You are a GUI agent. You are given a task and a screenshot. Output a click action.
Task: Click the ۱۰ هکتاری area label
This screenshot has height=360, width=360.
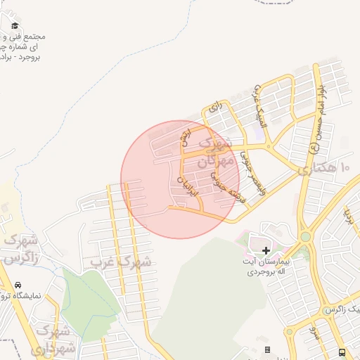[x=324, y=169]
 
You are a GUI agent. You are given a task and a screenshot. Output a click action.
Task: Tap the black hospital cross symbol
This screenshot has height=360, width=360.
[x=266, y=250]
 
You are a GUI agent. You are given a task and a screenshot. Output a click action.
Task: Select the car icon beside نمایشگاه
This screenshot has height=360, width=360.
[x=17, y=286]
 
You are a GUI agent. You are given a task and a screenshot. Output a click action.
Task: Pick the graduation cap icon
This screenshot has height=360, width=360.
[x=15, y=26]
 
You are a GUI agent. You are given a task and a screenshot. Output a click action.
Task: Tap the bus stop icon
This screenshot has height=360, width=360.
[x=342, y=352]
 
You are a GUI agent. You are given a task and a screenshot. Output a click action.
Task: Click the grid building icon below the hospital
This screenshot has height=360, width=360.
[x=267, y=349]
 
